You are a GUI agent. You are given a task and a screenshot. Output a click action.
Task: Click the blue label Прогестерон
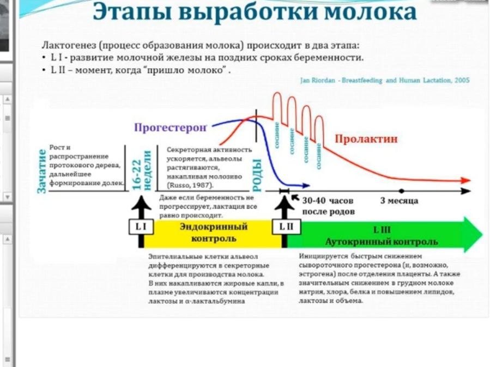point(170,128)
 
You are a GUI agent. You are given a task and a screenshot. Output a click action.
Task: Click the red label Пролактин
point(366,139)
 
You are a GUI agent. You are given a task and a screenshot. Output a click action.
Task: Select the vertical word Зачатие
point(41,170)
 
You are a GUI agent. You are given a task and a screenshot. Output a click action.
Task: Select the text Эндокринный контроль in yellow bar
point(213,233)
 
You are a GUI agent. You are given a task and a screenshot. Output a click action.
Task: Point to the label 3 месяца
point(399,200)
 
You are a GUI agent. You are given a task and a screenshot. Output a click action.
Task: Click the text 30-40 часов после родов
point(328,206)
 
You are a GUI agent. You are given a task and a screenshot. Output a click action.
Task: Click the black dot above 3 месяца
point(401,191)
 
